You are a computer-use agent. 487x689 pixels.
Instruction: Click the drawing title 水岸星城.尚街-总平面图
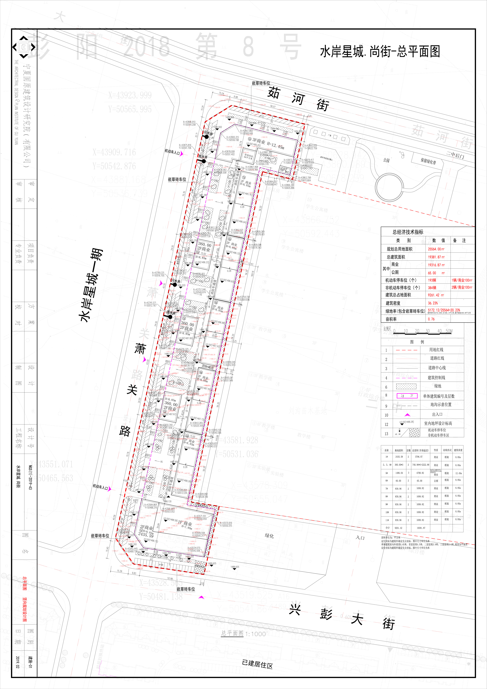pyautogui.click(x=380, y=52)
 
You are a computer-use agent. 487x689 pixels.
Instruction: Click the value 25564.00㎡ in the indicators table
pyautogui.click(x=436, y=249)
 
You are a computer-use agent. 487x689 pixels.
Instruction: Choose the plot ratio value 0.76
pyautogui.click(x=431, y=319)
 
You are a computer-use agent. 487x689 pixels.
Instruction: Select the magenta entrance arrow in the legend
pyautogui.click(x=407, y=415)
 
